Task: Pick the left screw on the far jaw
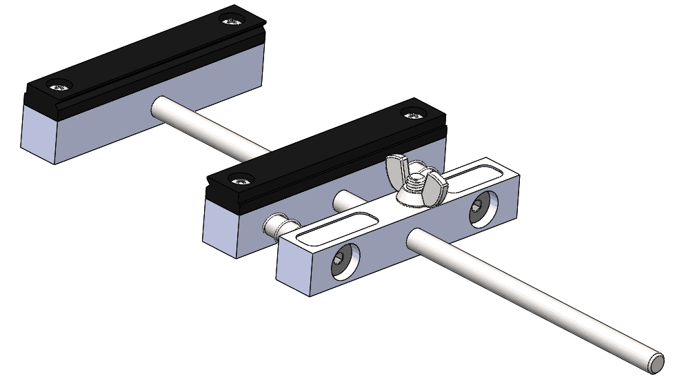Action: click(x=59, y=86)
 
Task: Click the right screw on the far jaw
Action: click(x=233, y=20)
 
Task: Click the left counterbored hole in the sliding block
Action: click(x=341, y=260)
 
